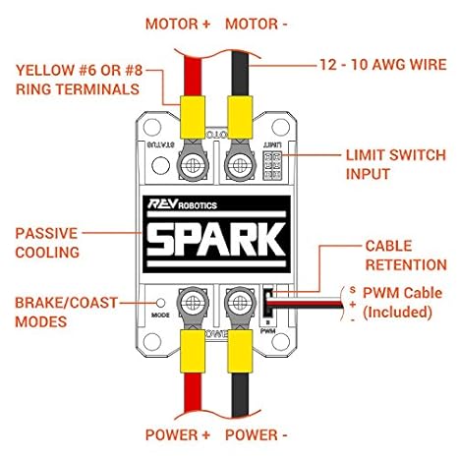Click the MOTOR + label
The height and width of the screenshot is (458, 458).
(x=177, y=24)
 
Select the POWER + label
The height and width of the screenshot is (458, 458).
(x=177, y=434)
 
